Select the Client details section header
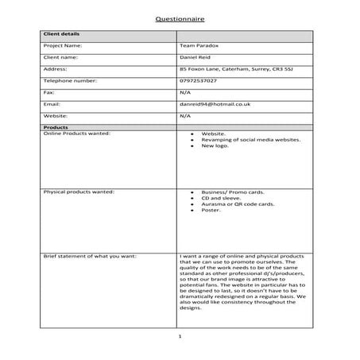point(61,35)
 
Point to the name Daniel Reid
point(198,57)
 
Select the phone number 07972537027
point(199,80)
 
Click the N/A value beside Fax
point(185,92)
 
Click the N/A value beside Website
point(185,115)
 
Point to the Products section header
point(55,127)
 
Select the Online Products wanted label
point(76,133)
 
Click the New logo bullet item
point(215,146)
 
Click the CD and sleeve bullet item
point(220,199)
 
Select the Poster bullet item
point(211,211)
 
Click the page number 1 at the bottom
point(180,337)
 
